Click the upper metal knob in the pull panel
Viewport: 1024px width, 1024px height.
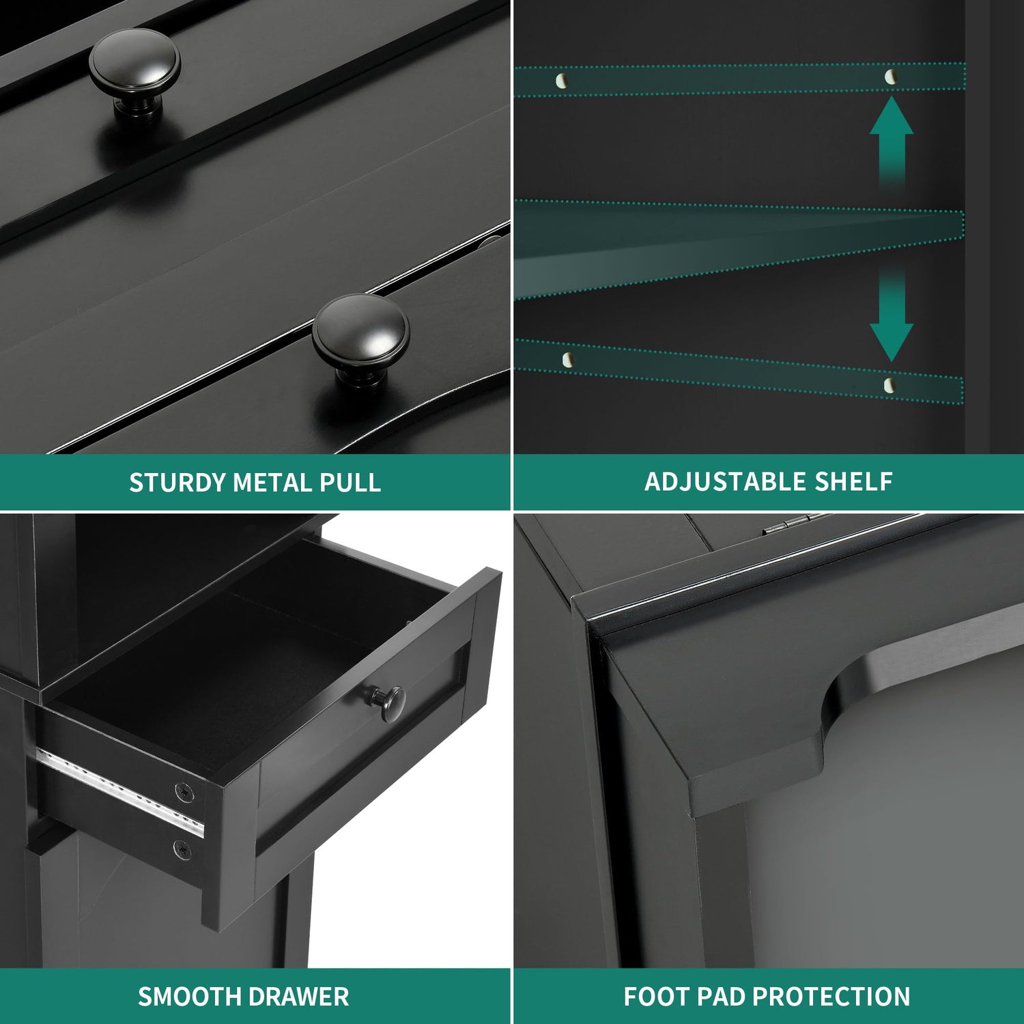(x=134, y=72)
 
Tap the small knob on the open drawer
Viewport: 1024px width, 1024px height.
(x=389, y=703)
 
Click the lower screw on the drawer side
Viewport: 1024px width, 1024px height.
(x=182, y=850)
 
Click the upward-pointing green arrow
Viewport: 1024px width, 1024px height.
(x=892, y=140)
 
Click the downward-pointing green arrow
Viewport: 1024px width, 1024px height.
(x=892, y=314)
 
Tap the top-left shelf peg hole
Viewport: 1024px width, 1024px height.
(x=561, y=81)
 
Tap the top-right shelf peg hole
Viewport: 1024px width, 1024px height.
(x=890, y=76)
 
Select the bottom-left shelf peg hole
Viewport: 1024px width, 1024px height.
(x=567, y=359)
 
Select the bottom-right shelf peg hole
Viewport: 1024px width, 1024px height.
(x=889, y=385)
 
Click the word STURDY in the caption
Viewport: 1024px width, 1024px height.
(x=177, y=483)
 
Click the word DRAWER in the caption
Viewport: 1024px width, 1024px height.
(x=296, y=997)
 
